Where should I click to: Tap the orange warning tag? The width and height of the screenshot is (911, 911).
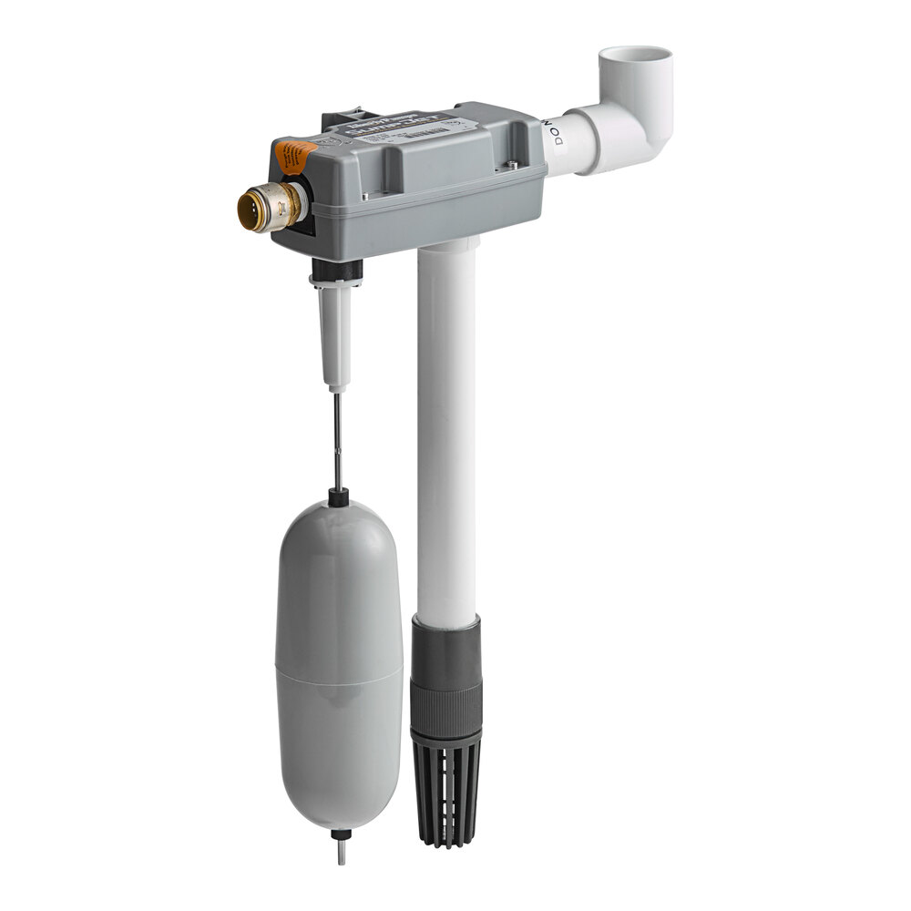[x=294, y=154]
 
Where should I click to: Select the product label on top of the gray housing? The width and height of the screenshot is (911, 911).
[x=401, y=128]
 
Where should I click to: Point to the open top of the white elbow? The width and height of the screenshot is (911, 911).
[x=635, y=57]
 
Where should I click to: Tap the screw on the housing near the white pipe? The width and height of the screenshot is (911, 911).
[x=512, y=165]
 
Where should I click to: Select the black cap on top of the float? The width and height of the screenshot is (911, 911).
[x=338, y=498]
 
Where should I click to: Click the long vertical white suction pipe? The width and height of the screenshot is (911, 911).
[x=447, y=428]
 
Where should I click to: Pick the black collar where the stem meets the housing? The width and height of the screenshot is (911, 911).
[x=336, y=270]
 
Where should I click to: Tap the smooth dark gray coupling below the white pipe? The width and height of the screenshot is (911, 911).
[x=445, y=651]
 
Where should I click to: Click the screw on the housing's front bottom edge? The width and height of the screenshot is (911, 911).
[x=364, y=196]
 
